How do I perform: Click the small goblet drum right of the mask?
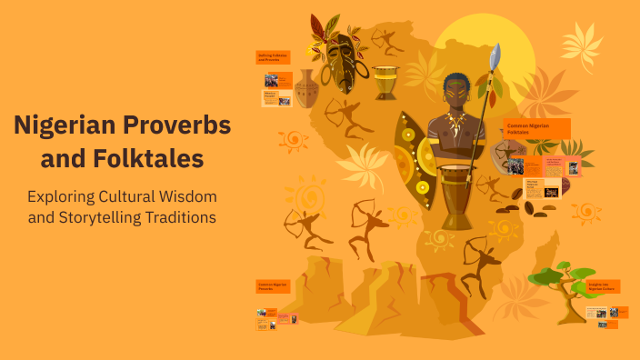[x=385, y=83]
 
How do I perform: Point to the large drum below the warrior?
[x=457, y=195]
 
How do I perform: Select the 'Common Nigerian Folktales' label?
[x=536, y=128]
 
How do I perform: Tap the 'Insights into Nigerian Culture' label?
[x=602, y=286]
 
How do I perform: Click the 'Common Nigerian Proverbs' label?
[x=273, y=285]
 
